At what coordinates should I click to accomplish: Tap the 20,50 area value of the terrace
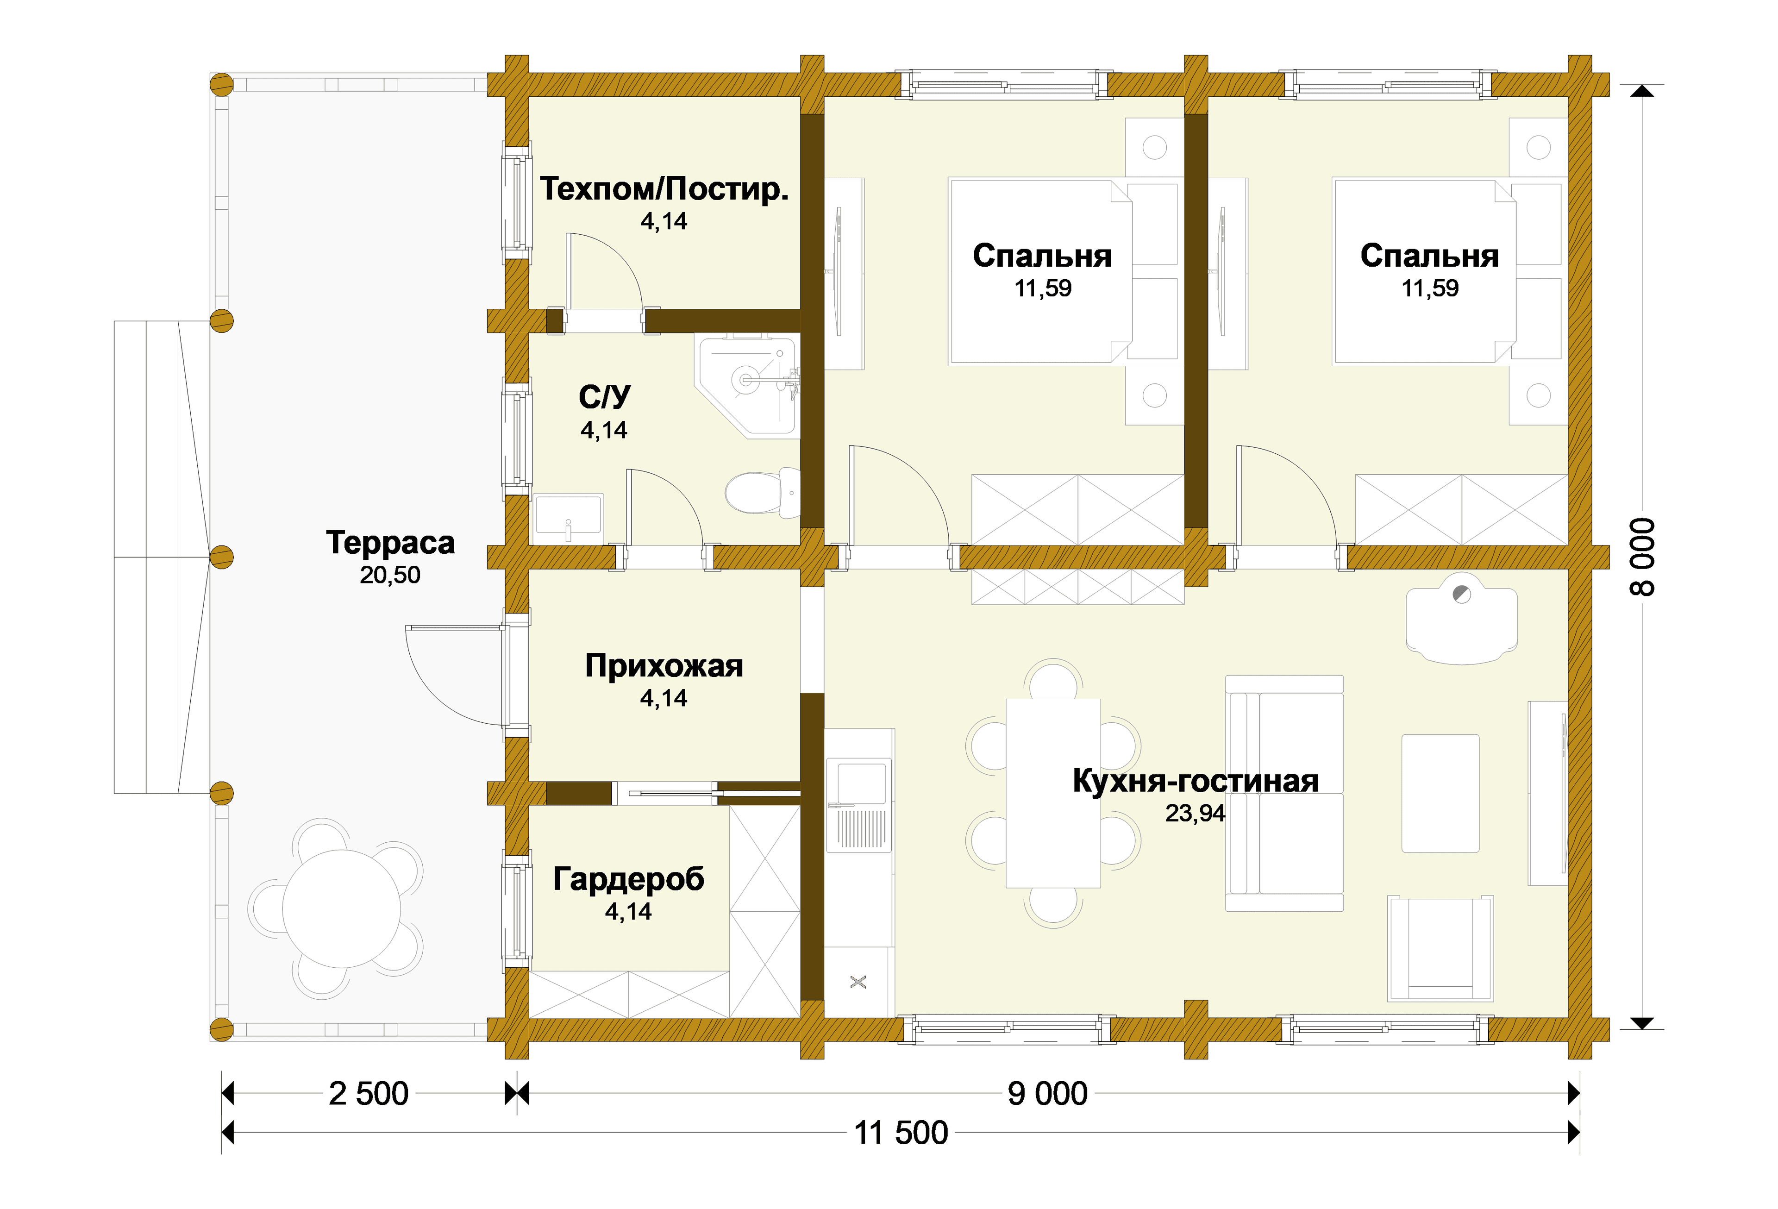390,576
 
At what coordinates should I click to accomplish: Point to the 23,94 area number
1195,814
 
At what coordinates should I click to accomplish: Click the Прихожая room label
664,666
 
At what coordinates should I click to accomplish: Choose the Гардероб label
628,879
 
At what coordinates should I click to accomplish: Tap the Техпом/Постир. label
664,189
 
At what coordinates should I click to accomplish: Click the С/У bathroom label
604,396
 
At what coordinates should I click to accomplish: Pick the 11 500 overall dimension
901,1133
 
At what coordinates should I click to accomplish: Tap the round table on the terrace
341,909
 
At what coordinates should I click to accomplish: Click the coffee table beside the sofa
1440,794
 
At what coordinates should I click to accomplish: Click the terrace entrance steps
162,557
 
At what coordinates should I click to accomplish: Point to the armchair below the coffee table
1440,949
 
